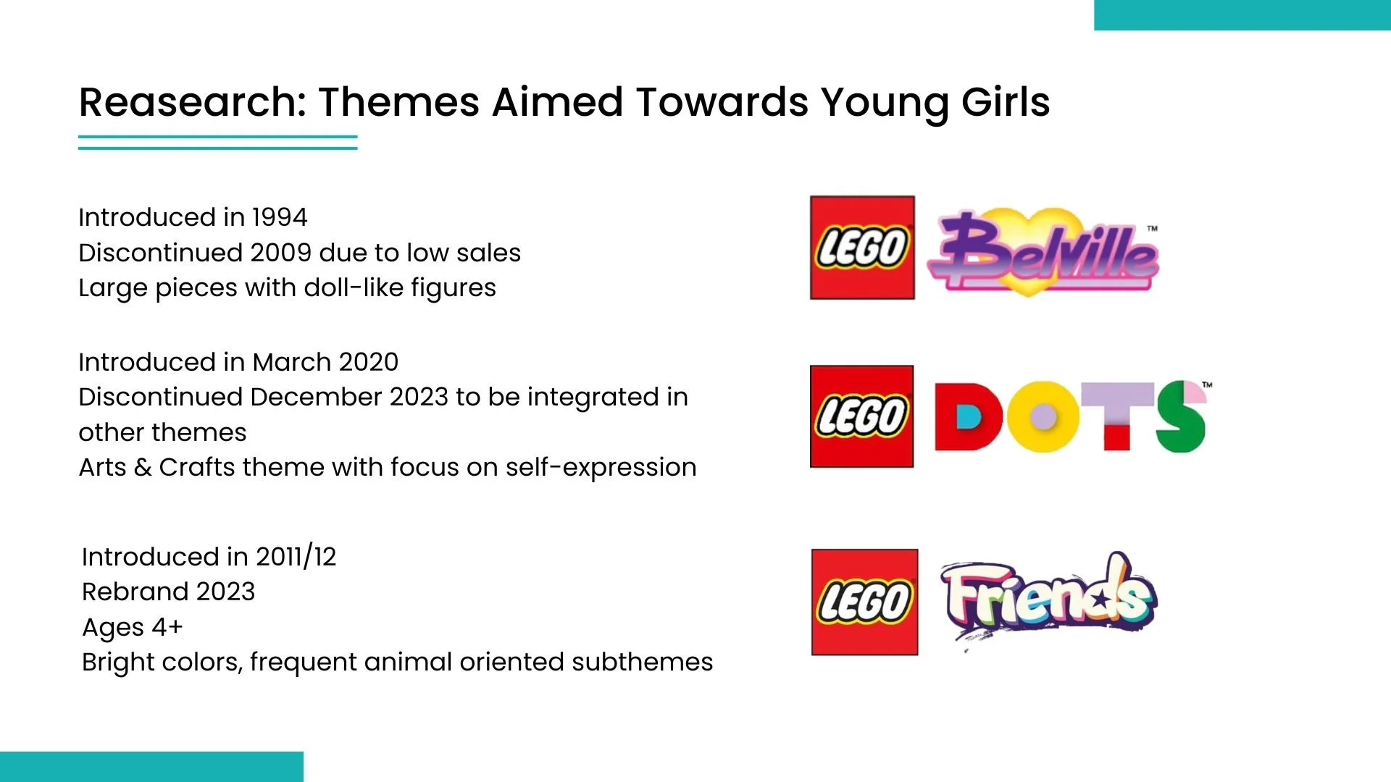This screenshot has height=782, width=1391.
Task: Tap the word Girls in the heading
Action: click(1006, 102)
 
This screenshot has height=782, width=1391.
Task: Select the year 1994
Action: click(280, 217)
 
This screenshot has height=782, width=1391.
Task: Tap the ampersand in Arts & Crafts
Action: click(143, 468)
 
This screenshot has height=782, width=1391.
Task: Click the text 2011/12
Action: click(296, 557)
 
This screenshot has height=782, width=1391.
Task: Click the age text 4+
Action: click(167, 627)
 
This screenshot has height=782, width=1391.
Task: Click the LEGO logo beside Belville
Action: click(862, 248)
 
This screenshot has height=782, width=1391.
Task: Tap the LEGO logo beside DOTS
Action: click(861, 416)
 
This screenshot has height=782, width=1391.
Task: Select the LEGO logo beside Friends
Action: click(864, 602)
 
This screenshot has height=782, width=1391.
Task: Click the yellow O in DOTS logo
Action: click(1042, 416)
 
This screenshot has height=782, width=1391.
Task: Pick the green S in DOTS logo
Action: click(1181, 416)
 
